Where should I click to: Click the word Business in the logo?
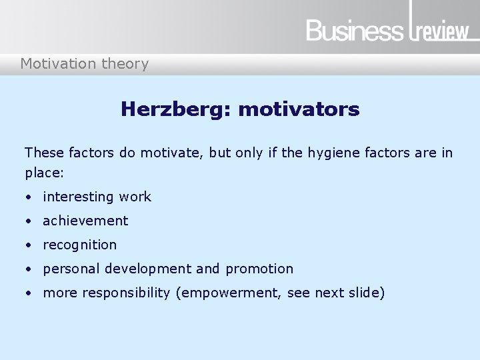355,31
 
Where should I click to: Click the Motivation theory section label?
85,64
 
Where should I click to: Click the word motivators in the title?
299,109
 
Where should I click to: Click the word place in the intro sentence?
43,173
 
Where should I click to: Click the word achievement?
85,221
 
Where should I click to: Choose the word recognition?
79,245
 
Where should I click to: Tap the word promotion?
259,269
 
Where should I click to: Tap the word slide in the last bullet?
365,293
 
